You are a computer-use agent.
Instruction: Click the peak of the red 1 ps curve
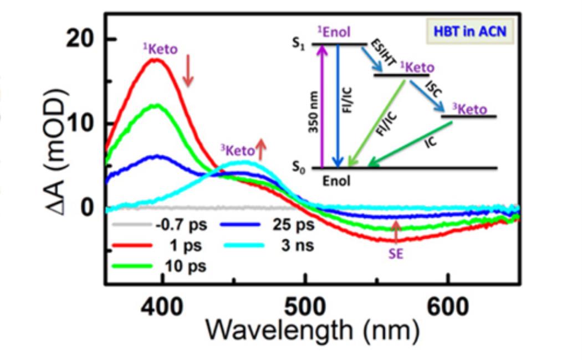point(156,59)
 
